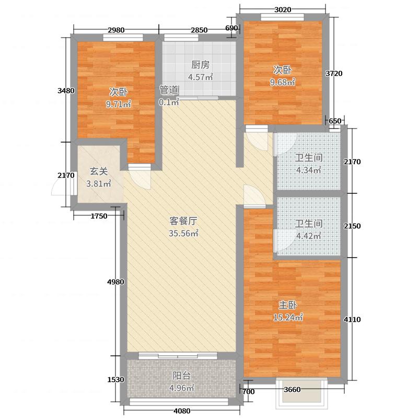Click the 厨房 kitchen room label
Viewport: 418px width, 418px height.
(200, 65)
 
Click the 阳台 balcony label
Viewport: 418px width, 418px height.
(181, 375)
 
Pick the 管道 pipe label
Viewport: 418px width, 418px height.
(169, 89)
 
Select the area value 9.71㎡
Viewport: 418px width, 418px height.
(118, 104)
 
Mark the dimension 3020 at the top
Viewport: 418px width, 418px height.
(282, 9)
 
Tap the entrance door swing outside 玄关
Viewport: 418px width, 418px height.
(59, 185)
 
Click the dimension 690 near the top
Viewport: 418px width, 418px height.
(232, 28)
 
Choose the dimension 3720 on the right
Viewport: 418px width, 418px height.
(334, 74)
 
